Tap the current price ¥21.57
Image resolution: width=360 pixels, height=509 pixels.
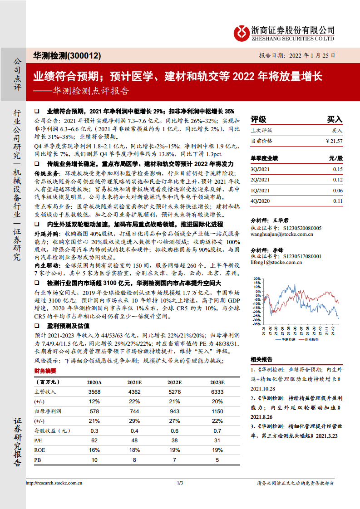[x=334, y=141]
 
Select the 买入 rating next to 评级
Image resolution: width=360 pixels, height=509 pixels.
[x=335, y=119]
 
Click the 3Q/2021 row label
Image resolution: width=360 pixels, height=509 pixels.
[x=260, y=169]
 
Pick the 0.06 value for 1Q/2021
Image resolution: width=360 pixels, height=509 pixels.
[x=337, y=191]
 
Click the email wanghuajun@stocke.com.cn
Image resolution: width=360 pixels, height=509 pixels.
[x=282, y=235]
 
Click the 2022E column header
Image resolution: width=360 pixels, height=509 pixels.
[x=175, y=382]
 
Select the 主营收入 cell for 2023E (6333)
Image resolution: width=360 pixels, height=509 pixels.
[x=217, y=392]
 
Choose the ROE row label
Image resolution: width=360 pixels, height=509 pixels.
[x=39, y=450]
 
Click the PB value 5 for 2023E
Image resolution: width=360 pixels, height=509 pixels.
[x=217, y=460]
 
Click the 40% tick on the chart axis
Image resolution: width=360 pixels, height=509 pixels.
[x=256, y=285]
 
